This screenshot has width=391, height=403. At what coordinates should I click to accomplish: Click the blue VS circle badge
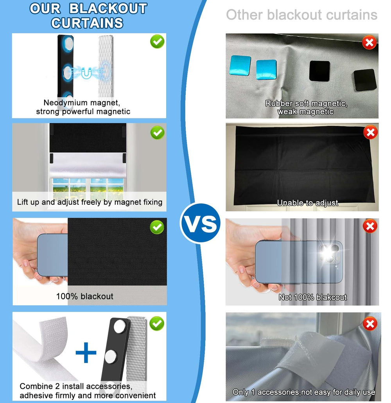tap(200, 223)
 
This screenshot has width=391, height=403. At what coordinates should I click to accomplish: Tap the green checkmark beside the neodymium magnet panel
tap(157, 41)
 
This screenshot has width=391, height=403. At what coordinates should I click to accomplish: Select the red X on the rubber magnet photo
tap(369, 42)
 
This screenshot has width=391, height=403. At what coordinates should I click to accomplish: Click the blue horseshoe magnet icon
tap(86, 73)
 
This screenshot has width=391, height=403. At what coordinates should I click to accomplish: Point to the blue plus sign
tap(86, 352)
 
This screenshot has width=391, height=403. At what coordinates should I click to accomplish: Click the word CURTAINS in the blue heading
tap(87, 23)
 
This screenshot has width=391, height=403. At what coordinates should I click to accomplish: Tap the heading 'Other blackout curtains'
tap(301, 14)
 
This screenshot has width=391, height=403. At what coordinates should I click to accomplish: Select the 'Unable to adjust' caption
tap(307, 203)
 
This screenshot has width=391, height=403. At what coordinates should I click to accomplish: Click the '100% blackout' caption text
tap(84, 296)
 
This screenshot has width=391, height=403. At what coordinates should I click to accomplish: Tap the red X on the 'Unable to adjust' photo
tap(370, 133)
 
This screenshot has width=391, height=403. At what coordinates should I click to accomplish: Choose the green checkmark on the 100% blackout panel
tap(157, 227)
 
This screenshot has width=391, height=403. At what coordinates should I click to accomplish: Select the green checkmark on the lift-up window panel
tap(157, 133)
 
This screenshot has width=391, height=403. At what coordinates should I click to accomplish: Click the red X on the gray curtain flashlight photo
tap(370, 226)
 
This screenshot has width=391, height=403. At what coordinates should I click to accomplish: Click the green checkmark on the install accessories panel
tap(157, 323)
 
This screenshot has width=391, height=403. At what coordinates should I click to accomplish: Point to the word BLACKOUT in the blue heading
tap(108, 9)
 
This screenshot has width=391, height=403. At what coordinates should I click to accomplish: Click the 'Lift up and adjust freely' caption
tap(90, 202)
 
